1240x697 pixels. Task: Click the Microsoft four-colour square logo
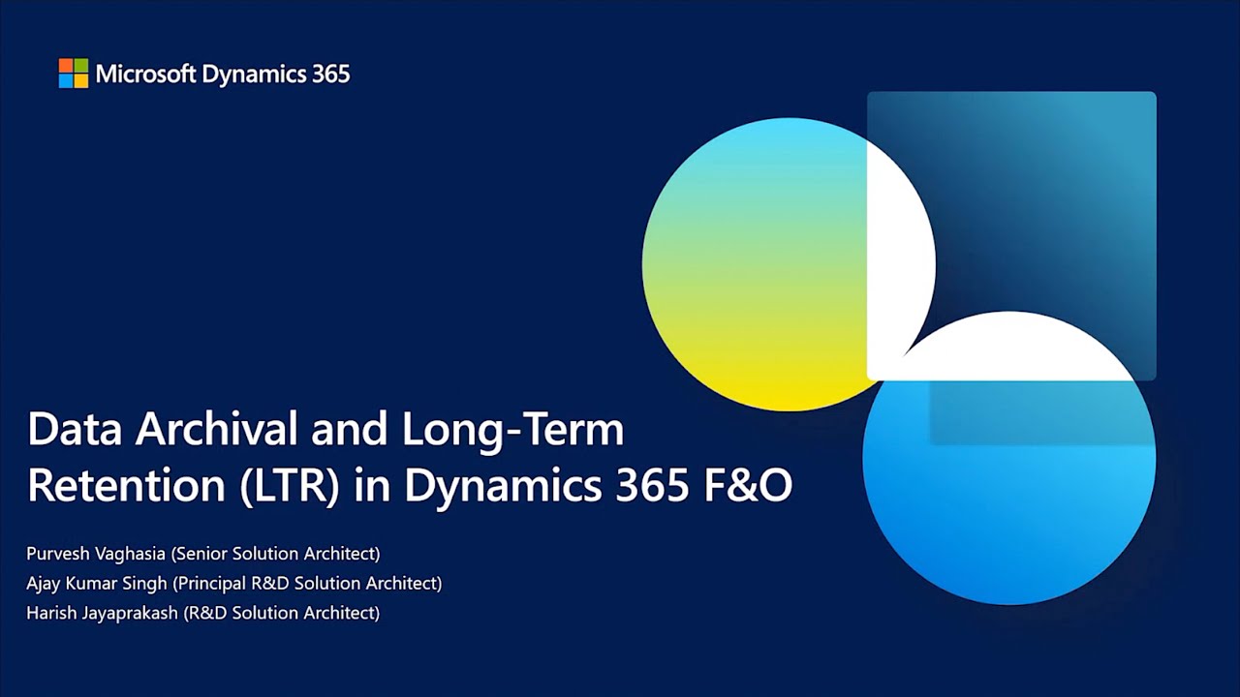click(73, 73)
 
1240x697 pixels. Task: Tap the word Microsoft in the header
click(146, 74)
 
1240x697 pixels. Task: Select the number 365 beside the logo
click(330, 74)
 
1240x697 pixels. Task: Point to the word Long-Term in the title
click(513, 431)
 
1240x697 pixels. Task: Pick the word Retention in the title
click(126, 485)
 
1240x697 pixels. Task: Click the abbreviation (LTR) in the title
click(290, 486)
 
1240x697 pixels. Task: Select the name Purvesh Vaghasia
click(96, 554)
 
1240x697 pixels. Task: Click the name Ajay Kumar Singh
click(97, 584)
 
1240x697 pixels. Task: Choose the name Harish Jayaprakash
click(103, 614)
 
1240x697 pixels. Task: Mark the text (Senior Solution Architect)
click(276, 554)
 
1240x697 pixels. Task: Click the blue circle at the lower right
click(1009, 487)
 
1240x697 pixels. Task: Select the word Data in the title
click(75, 429)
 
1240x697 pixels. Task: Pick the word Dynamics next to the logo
click(254, 75)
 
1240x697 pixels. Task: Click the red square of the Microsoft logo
click(66, 65)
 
